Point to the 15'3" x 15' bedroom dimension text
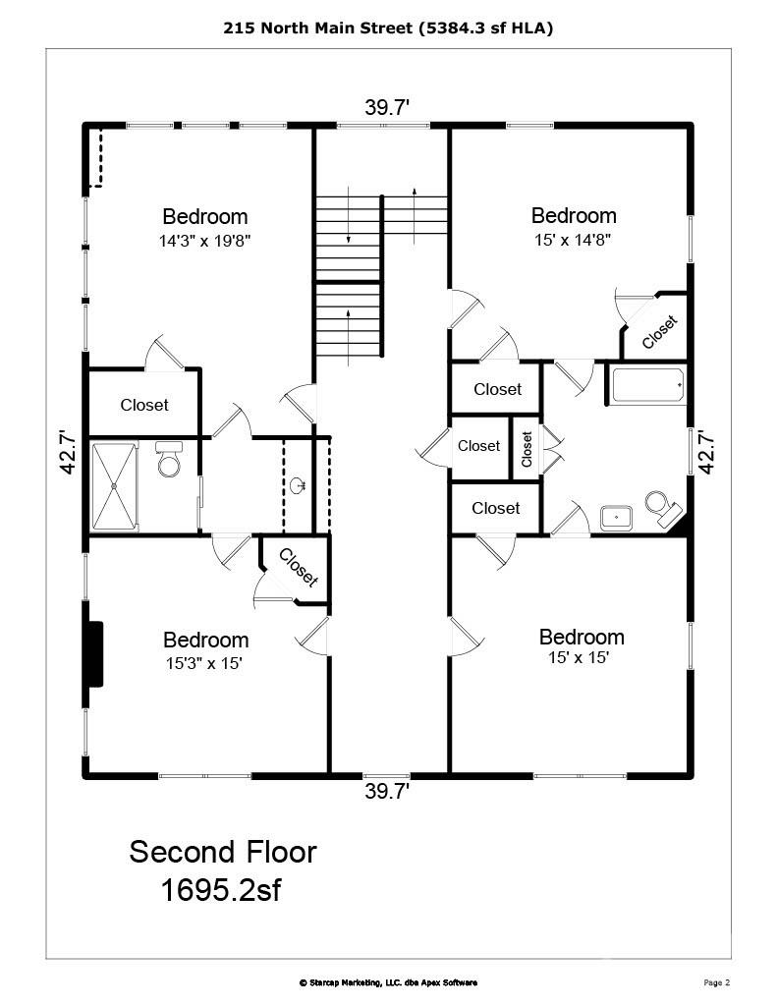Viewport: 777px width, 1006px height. tap(204, 663)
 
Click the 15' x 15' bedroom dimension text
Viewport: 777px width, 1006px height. tap(580, 658)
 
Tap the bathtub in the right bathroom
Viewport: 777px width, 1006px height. tap(647, 384)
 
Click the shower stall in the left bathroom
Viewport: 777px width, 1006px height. tap(115, 486)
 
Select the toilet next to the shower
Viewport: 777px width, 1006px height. tap(169, 460)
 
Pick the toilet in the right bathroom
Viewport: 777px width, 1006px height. tap(660, 505)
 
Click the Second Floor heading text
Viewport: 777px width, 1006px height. tap(223, 852)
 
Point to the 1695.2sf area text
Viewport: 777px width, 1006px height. tap(223, 890)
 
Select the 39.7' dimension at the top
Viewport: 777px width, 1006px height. tap(387, 109)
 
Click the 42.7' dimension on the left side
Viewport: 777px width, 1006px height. tap(67, 452)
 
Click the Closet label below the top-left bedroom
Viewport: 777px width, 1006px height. tap(144, 405)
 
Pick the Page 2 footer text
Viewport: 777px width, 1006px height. tap(717, 982)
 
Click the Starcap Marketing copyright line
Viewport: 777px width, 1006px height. tap(388, 982)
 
